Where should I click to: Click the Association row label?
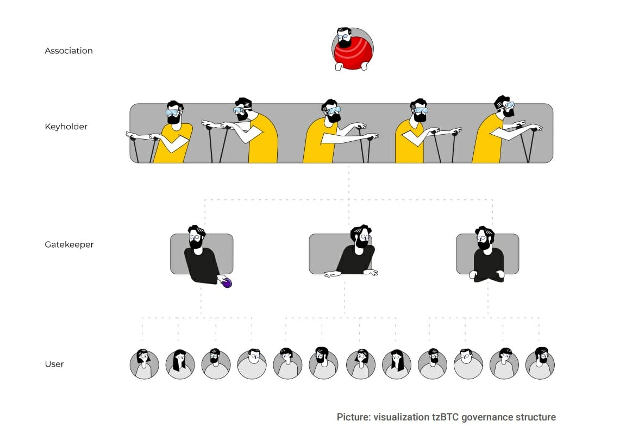(68, 51)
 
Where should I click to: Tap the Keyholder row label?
(66, 127)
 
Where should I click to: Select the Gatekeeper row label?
(69, 244)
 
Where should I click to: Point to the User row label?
(54, 364)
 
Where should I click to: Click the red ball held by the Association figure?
(353, 54)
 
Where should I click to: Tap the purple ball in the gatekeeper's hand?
(227, 283)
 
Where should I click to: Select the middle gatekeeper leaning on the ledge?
(353, 251)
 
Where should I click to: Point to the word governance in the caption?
(487, 417)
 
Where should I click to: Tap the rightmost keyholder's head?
(504, 106)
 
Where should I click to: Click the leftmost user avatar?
(145, 364)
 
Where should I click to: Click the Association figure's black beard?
(344, 43)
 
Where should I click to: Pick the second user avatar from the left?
(180, 364)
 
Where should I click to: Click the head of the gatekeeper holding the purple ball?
(196, 237)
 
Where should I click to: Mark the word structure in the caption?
(536, 417)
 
